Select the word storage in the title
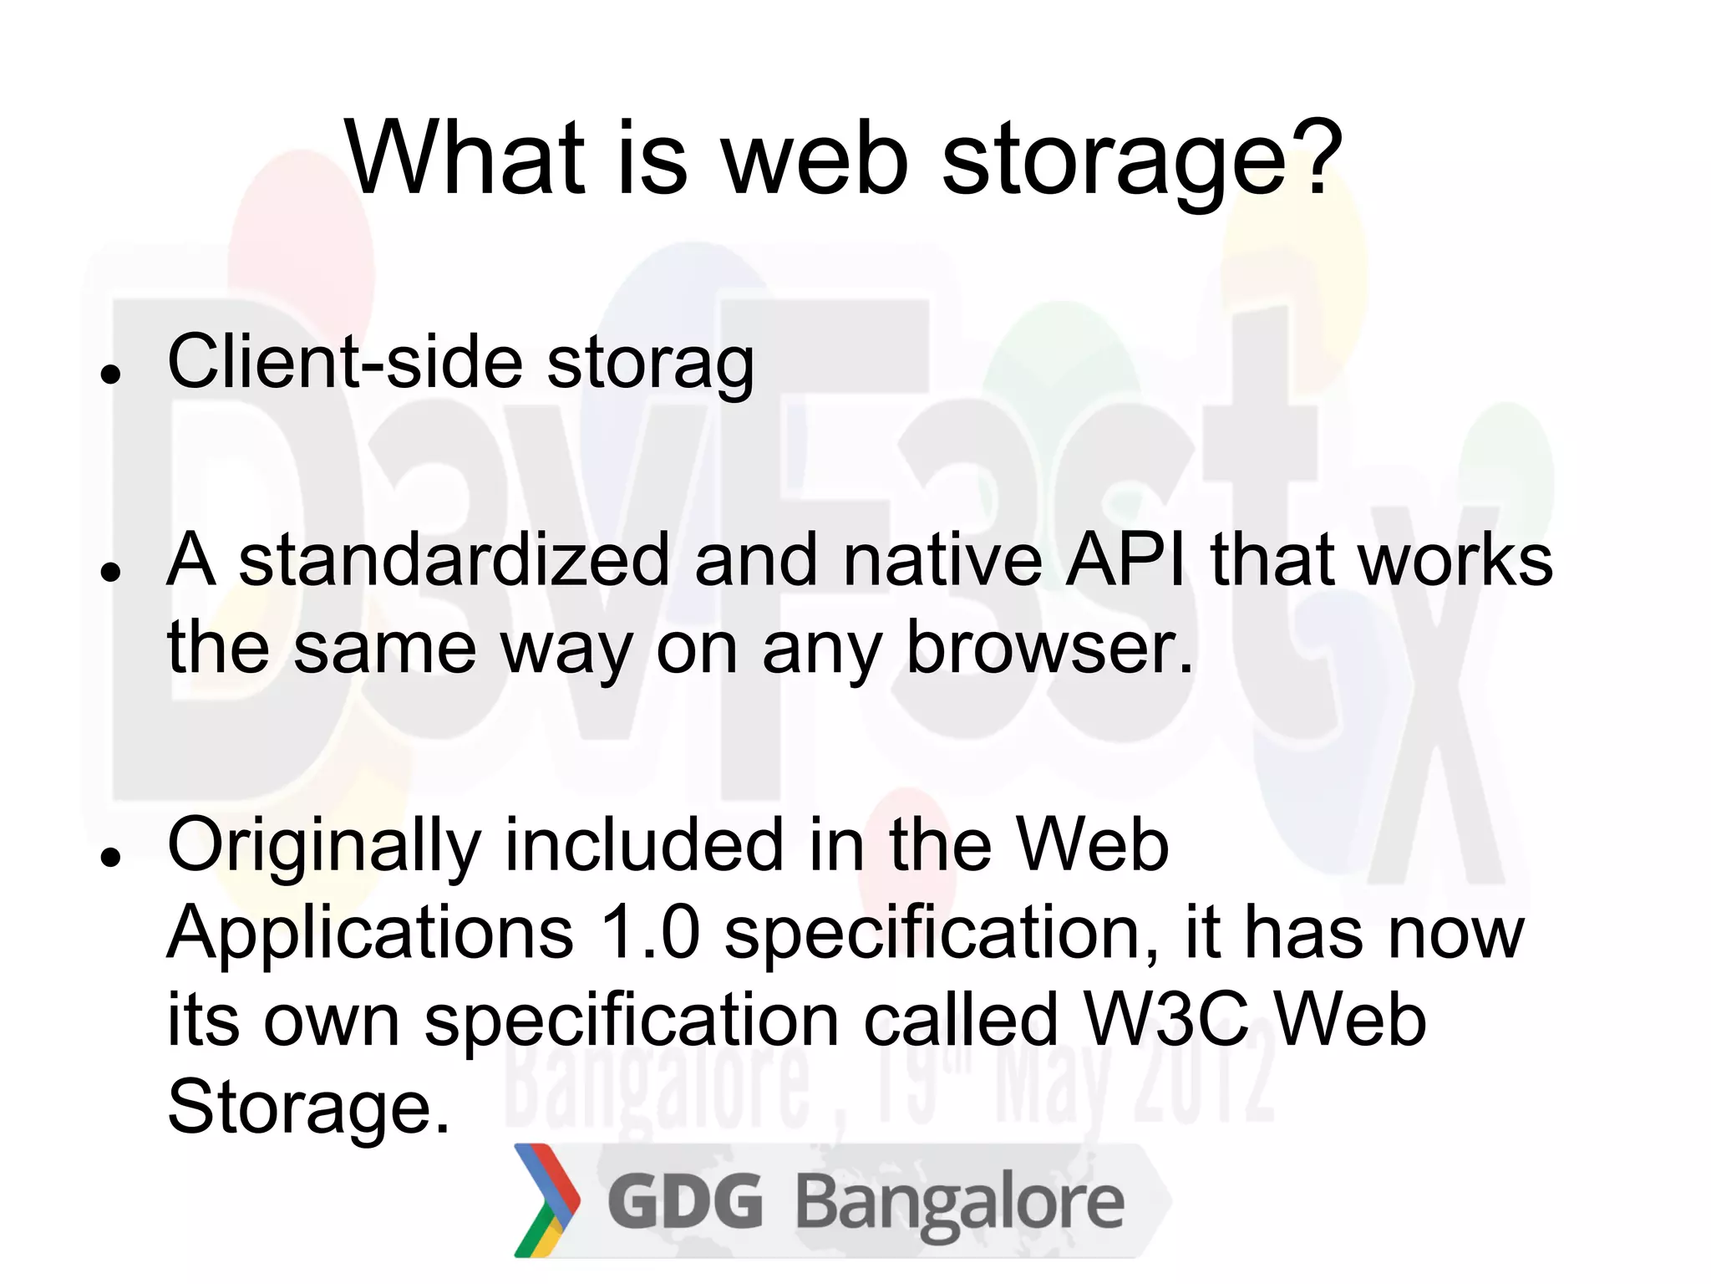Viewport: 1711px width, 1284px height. [x=1114, y=163]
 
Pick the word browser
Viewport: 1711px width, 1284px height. [x=1049, y=648]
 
